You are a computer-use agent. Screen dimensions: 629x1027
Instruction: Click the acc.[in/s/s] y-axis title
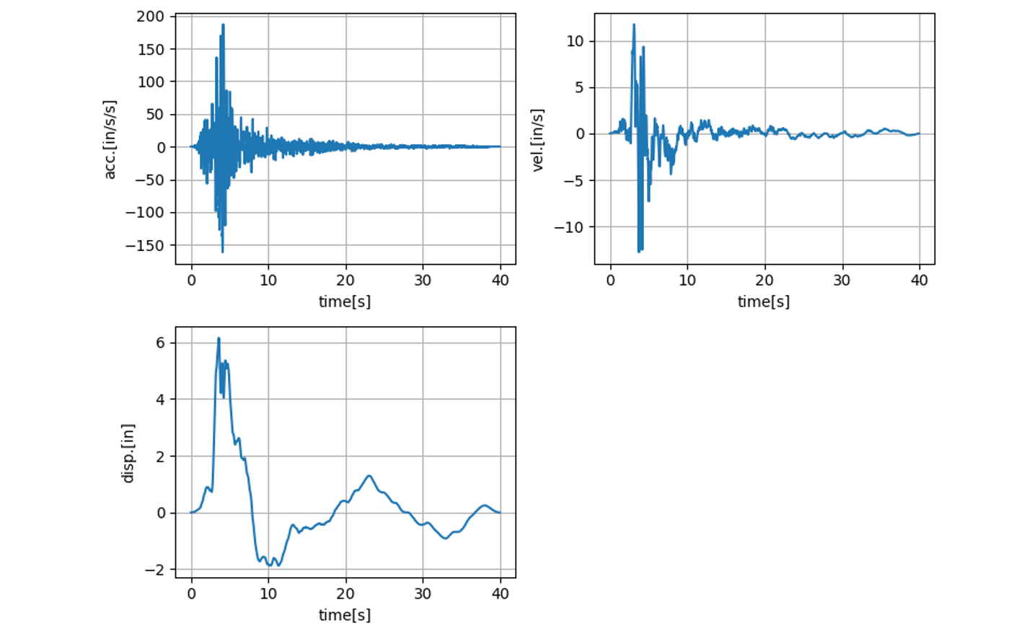110,139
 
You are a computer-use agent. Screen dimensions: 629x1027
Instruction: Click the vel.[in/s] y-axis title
537,140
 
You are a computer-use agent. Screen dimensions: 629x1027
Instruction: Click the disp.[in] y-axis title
128,453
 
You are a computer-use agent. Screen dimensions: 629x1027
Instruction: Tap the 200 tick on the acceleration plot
151,17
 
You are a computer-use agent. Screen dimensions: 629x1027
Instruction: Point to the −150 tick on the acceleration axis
145,245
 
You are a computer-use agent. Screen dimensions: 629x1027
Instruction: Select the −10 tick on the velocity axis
569,227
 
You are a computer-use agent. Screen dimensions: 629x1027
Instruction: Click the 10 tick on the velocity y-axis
575,41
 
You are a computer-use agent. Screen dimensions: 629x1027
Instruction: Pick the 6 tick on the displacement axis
161,343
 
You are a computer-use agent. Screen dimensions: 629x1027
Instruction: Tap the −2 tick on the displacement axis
155,570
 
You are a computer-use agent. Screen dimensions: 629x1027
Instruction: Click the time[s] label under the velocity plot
763,302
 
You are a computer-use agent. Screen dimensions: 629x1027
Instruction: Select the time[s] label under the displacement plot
345,615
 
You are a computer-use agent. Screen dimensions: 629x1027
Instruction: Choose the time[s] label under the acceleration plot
345,302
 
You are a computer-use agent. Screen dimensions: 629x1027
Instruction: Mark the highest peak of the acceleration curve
223,25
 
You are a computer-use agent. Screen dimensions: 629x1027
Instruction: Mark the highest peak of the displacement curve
219,338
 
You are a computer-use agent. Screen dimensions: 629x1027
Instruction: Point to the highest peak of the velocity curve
634,25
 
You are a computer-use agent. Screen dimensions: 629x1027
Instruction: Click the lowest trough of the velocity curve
639,252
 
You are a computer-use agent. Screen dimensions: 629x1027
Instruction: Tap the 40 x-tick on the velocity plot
919,281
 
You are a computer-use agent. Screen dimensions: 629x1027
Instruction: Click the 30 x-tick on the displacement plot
423,594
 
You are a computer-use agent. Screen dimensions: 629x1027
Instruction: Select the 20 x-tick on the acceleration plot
345,281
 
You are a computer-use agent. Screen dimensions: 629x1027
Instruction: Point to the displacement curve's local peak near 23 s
369,475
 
